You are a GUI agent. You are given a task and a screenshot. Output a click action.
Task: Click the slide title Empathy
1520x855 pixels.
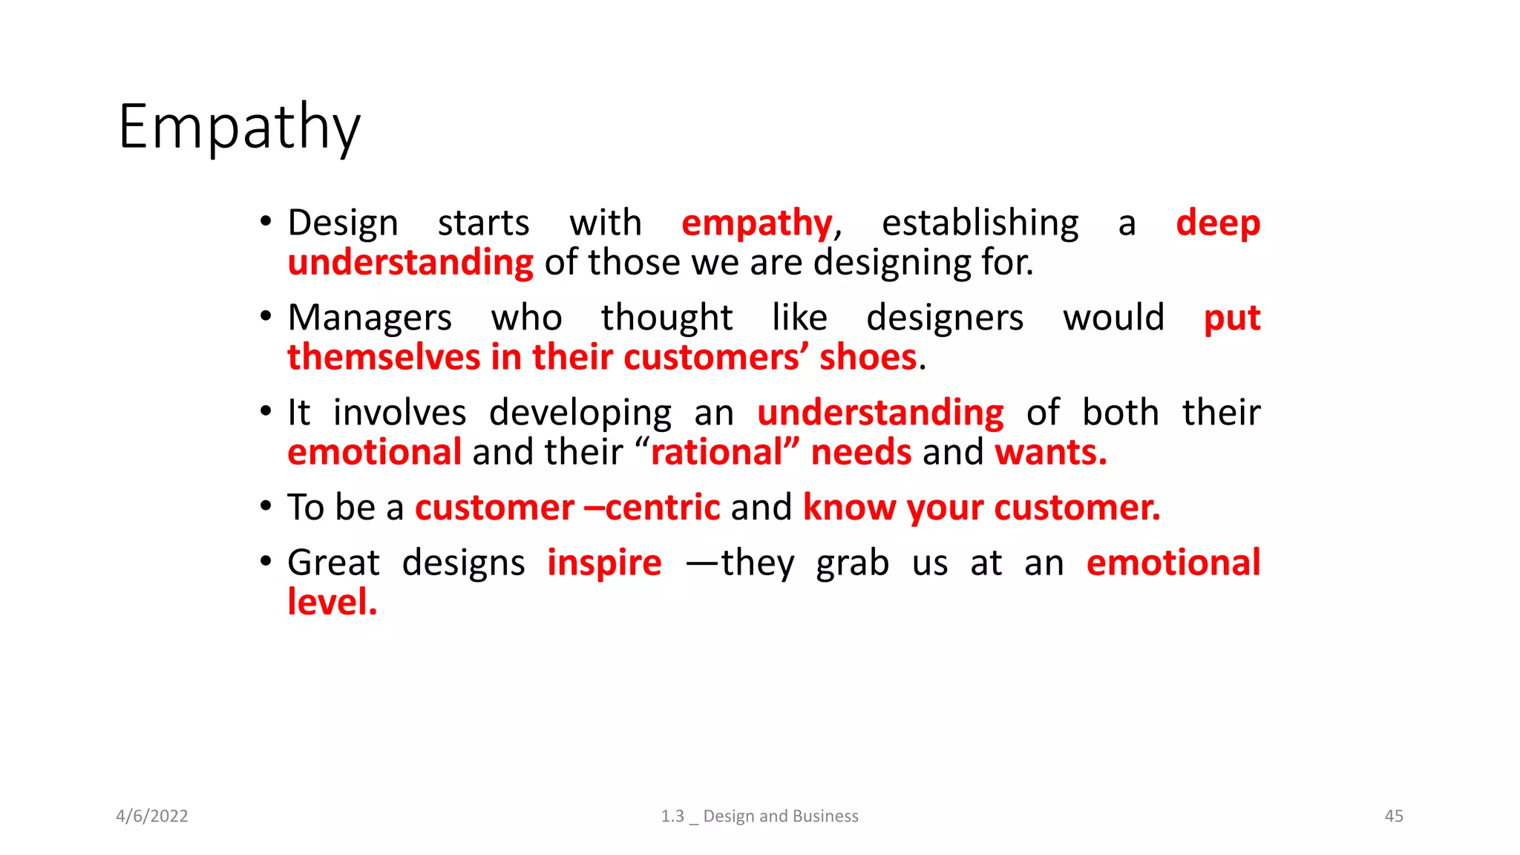239,128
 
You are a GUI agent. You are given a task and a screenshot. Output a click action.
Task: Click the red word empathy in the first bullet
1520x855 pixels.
757,223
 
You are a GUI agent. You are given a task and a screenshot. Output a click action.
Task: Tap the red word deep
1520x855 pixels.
1218,223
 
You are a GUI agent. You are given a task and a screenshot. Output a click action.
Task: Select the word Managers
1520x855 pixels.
370,318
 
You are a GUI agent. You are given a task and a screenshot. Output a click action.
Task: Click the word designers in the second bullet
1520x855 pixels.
945,318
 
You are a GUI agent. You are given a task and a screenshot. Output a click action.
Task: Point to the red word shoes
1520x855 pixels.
868,358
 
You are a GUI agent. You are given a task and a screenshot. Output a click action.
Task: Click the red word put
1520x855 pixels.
1232,318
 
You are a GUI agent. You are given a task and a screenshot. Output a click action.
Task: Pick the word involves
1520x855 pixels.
399,413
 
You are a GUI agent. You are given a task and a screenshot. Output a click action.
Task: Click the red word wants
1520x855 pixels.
1050,453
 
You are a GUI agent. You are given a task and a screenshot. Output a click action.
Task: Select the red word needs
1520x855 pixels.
861,453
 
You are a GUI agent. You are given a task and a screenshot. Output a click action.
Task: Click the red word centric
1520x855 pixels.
662,508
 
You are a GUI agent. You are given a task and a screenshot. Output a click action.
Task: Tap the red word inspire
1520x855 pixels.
604,563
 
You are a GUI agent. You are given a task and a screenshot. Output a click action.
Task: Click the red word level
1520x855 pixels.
332,602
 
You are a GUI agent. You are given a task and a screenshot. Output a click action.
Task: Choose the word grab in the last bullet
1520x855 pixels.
852,563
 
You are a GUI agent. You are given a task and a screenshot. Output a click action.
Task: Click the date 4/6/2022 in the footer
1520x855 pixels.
152,816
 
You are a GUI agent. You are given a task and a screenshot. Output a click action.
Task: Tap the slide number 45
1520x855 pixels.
1393,816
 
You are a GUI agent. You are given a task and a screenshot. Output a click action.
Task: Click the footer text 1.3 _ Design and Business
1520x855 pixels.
759,816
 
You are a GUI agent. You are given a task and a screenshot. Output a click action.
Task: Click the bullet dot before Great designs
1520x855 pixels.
266,561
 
